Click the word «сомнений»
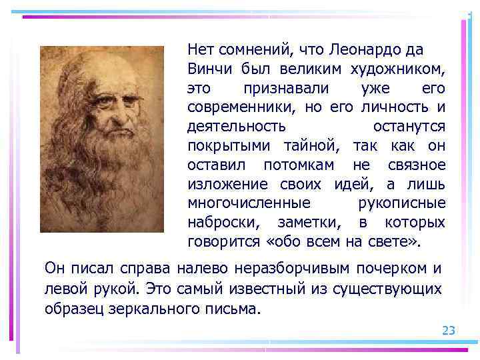point(251,50)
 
